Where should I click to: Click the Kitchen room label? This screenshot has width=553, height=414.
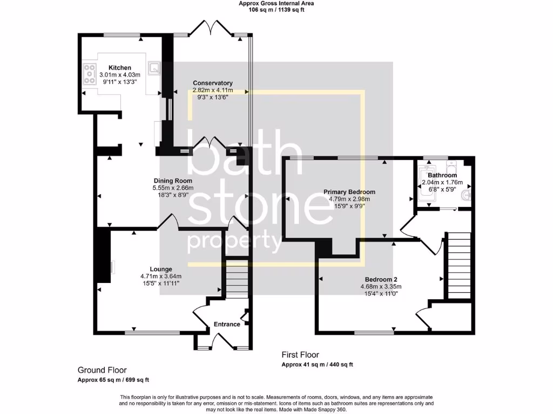point(119,67)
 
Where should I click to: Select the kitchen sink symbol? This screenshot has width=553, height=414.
point(155,67)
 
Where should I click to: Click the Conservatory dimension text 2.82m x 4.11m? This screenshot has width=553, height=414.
point(213,90)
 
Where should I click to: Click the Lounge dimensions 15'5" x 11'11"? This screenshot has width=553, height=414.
point(161,283)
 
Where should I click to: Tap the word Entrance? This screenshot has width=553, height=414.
point(227,324)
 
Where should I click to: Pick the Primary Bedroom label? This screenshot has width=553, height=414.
point(349,192)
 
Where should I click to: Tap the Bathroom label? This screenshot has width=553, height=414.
point(442,175)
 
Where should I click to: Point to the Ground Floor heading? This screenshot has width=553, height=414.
point(102,370)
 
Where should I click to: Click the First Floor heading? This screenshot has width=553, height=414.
point(300,355)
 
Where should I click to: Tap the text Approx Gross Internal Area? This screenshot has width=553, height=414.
point(276,3)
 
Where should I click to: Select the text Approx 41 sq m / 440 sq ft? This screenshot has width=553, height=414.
point(317,365)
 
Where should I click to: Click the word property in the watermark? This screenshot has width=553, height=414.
point(233,241)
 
